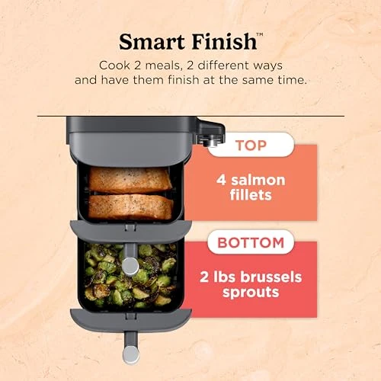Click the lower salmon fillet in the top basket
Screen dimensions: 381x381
pos(130,206)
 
